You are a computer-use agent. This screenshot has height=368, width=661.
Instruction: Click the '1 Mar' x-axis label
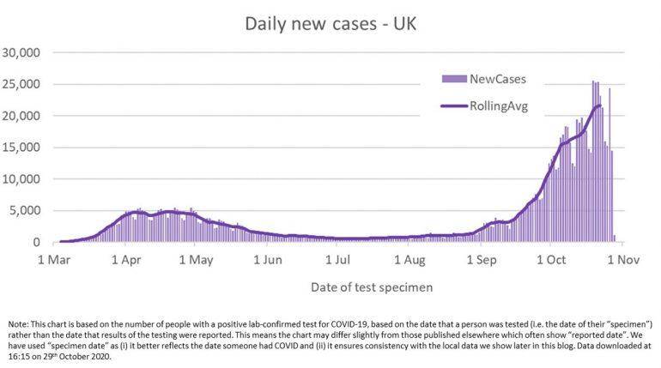(54, 258)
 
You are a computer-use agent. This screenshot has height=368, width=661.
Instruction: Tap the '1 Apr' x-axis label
(126, 258)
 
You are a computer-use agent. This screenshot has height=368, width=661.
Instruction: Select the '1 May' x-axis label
(197, 258)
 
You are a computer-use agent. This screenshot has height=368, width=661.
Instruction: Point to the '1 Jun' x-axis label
(268, 258)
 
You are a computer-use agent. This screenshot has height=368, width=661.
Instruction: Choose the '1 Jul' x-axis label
(338, 258)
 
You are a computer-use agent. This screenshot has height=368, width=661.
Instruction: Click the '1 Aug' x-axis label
(410, 258)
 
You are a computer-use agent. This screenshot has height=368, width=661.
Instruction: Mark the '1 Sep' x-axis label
(482, 258)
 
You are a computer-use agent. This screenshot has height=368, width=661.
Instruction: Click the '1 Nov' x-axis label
(624, 258)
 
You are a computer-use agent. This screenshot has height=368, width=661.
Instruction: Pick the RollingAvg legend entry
(498, 106)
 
